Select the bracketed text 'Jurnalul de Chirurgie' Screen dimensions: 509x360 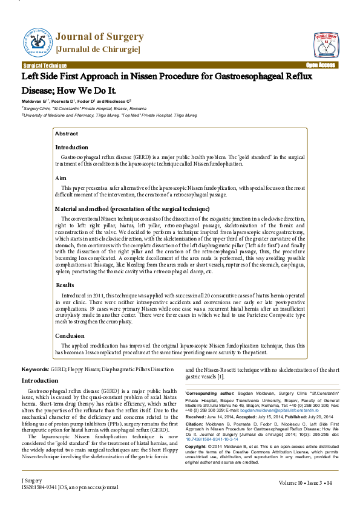pyautogui.click(x=99, y=48)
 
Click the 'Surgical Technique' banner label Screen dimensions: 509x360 pyautogui.click(x=45, y=65)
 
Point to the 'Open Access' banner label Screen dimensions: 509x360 pyautogui.click(x=320, y=65)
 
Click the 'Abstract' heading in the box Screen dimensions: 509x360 pyautogui.click(x=66, y=134)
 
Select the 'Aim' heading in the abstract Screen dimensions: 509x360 pyautogui.click(x=61, y=179)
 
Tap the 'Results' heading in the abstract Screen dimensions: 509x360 pyautogui.click(x=65, y=284)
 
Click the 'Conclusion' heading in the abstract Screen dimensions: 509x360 pyautogui.click(x=70, y=336)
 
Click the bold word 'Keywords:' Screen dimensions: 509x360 pyautogui.click(x=36, y=369)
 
